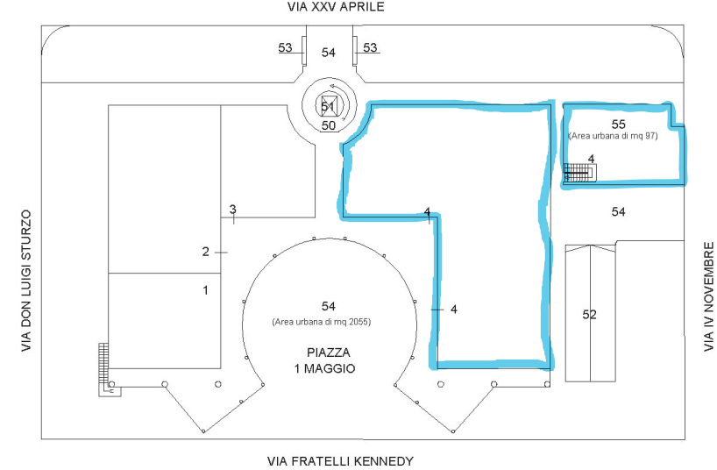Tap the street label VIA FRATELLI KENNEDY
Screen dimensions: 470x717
coord(339,460)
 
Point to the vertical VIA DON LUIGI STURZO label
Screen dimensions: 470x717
coord(26,281)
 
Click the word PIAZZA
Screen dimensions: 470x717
coord(329,352)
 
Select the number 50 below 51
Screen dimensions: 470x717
coord(329,125)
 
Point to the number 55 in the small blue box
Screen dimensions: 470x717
coord(619,123)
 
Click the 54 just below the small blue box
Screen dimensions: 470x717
coord(619,212)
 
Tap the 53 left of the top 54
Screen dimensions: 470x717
coord(286,47)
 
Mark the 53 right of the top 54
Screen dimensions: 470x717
coord(371,47)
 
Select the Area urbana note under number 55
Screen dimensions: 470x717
coord(616,136)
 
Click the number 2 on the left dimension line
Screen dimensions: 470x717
coord(205,252)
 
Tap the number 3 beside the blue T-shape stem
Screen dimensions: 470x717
coord(453,309)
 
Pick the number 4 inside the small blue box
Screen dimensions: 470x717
coord(590,158)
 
